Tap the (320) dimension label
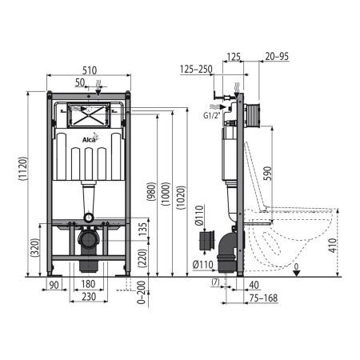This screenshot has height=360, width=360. pos(34,249)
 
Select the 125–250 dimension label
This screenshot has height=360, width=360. pos(197,70)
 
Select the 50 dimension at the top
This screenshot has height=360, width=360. pos(80,82)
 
